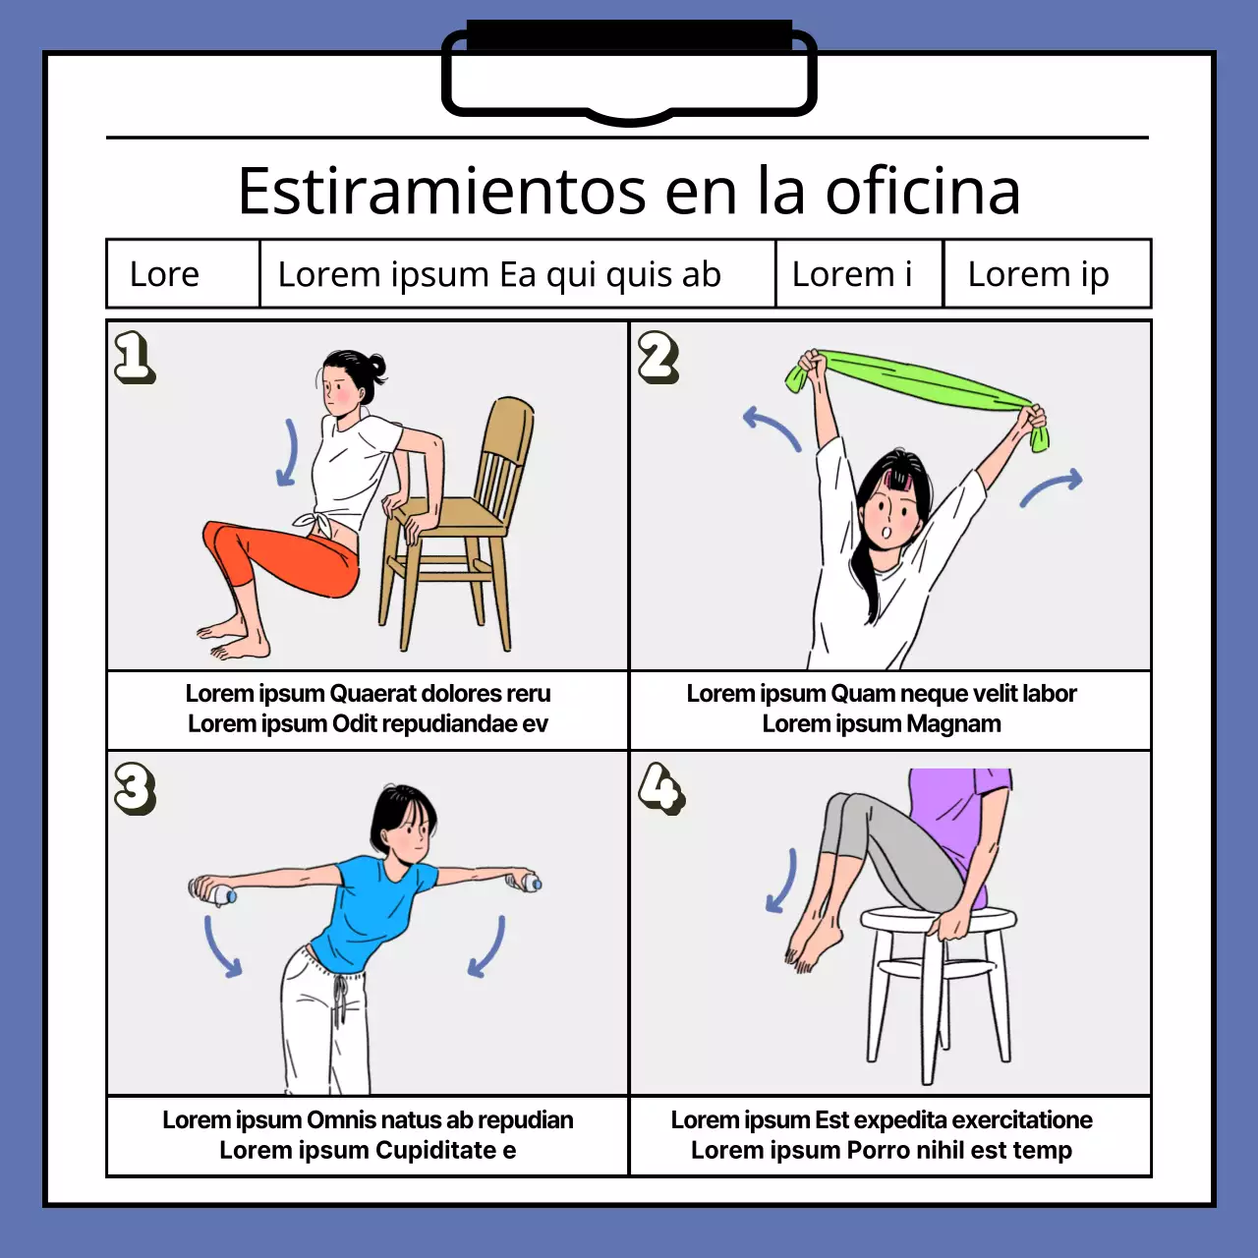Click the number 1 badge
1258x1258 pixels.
134,356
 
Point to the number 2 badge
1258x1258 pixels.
658,356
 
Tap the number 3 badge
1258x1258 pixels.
135,788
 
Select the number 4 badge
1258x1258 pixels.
660,788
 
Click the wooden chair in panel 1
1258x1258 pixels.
462,521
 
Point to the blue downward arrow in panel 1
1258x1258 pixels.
288,452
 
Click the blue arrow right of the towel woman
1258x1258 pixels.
1052,487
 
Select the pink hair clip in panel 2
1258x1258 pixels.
896,479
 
